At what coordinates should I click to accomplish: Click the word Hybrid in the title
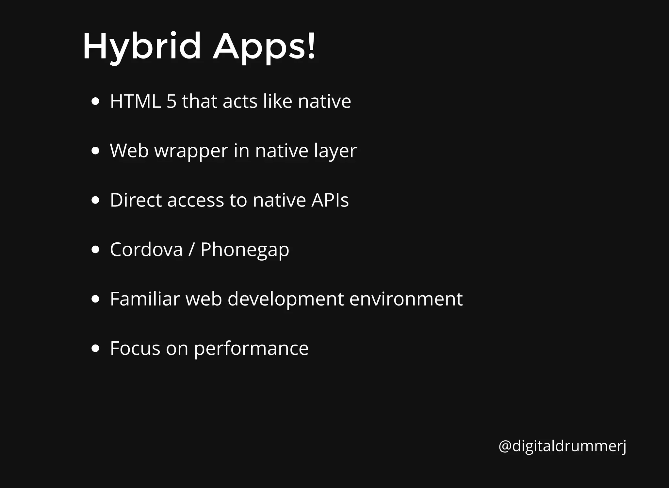[141, 46]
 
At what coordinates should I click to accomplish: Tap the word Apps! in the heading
[264, 46]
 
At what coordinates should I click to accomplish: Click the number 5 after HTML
[171, 101]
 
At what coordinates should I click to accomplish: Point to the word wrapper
[191, 151]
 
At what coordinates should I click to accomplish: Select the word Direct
[136, 200]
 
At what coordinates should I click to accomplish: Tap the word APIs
[330, 200]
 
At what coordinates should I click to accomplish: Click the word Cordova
[146, 250]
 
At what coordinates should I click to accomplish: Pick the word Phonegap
[245, 250]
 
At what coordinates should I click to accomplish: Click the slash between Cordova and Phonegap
[191, 250]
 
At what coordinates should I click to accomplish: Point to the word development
[286, 299]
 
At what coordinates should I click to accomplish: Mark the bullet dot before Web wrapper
[95, 151]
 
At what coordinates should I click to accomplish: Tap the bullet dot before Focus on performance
[95, 348]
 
